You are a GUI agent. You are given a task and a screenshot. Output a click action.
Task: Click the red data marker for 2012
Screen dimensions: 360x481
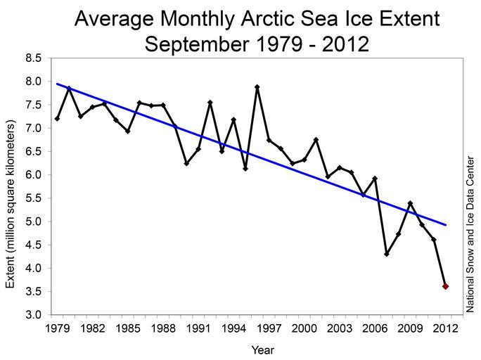pyautogui.click(x=445, y=286)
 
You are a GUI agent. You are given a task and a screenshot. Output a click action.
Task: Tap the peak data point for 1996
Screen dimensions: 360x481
pyautogui.click(x=257, y=87)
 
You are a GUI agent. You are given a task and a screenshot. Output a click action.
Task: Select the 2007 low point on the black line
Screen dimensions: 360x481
pyautogui.click(x=387, y=254)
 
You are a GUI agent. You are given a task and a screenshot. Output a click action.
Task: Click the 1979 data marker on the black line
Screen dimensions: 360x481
pyautogui.click(x=57, y=118)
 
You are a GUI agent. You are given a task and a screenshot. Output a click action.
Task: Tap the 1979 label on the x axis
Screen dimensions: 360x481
pyautogui.click(x=57, y=328)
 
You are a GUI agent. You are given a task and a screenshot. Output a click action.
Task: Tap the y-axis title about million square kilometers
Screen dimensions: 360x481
pyautogui.click(x=11, y=204)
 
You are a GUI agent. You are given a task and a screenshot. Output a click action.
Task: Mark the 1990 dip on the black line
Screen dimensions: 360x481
pyautogui.click(x=186, y=163)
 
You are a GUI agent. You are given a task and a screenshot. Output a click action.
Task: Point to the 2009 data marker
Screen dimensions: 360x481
pyautogui.click(x=410, y=204)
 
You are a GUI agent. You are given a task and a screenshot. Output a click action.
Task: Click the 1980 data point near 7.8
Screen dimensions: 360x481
pyautogui.click(x=69, y=89)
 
